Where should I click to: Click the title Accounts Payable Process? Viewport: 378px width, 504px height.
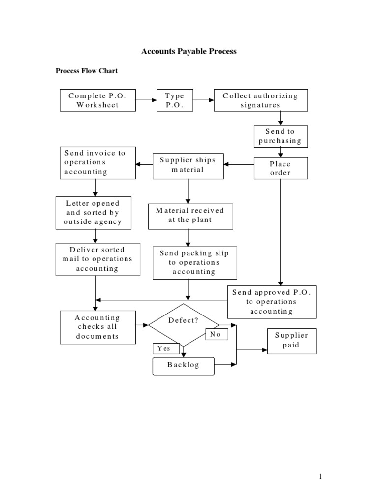click(x=189, y=51)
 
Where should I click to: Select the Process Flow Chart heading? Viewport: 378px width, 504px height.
click(x=86, y=71)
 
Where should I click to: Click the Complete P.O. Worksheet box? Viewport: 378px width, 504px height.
click(x=97, y=100)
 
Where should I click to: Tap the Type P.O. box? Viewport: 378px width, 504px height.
click(x=174, y=100)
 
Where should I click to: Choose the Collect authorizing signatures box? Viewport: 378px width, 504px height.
click(x=260, y=100)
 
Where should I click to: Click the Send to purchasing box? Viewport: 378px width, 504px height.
click(x=280, y=136)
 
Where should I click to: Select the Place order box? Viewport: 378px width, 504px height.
click(x=280, y=168)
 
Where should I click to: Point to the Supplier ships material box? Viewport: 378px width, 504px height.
click(x=188, y=165)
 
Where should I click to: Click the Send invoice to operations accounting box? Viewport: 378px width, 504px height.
click(x=97, y=162)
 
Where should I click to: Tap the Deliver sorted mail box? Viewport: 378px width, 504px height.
click(x=97, y=259)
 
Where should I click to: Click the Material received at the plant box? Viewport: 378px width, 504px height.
click(x=190, y=215)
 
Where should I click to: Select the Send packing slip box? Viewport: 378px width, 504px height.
click(x=194, y=262)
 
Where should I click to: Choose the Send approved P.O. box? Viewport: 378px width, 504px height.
click(x=272, y=301)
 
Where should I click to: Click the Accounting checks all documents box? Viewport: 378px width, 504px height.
click(x=97, y=327)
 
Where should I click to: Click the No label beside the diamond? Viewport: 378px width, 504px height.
click(x=215, y=334)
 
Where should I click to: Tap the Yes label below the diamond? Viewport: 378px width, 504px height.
click(x=163, y=348)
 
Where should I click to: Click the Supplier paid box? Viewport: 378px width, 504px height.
click(x=292, y=341)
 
